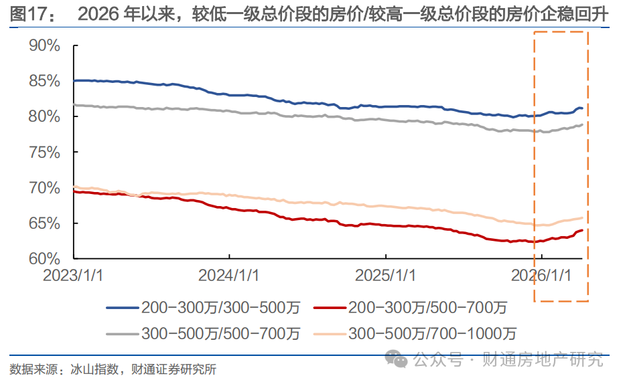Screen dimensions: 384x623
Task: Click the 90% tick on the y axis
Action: point(45,46)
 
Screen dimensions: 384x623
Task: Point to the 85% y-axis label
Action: point(45,82)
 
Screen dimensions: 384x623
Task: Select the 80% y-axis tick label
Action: point(45,116)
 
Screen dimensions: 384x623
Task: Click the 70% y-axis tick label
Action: point(45,187)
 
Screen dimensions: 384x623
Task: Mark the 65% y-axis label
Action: point(45,223)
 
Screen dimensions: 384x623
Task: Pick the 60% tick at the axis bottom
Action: point(45,258)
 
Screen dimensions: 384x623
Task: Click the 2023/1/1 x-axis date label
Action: point(74,275)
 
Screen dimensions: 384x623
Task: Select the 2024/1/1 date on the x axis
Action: point(230,275)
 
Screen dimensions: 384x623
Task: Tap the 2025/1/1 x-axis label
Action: point(386,275)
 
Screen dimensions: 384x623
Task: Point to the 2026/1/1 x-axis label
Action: point(541,275)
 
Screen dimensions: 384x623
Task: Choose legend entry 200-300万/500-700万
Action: point(427,308)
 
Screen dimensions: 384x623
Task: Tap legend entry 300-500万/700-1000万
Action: point(431,333)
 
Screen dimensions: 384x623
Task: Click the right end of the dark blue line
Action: point(581,108)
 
